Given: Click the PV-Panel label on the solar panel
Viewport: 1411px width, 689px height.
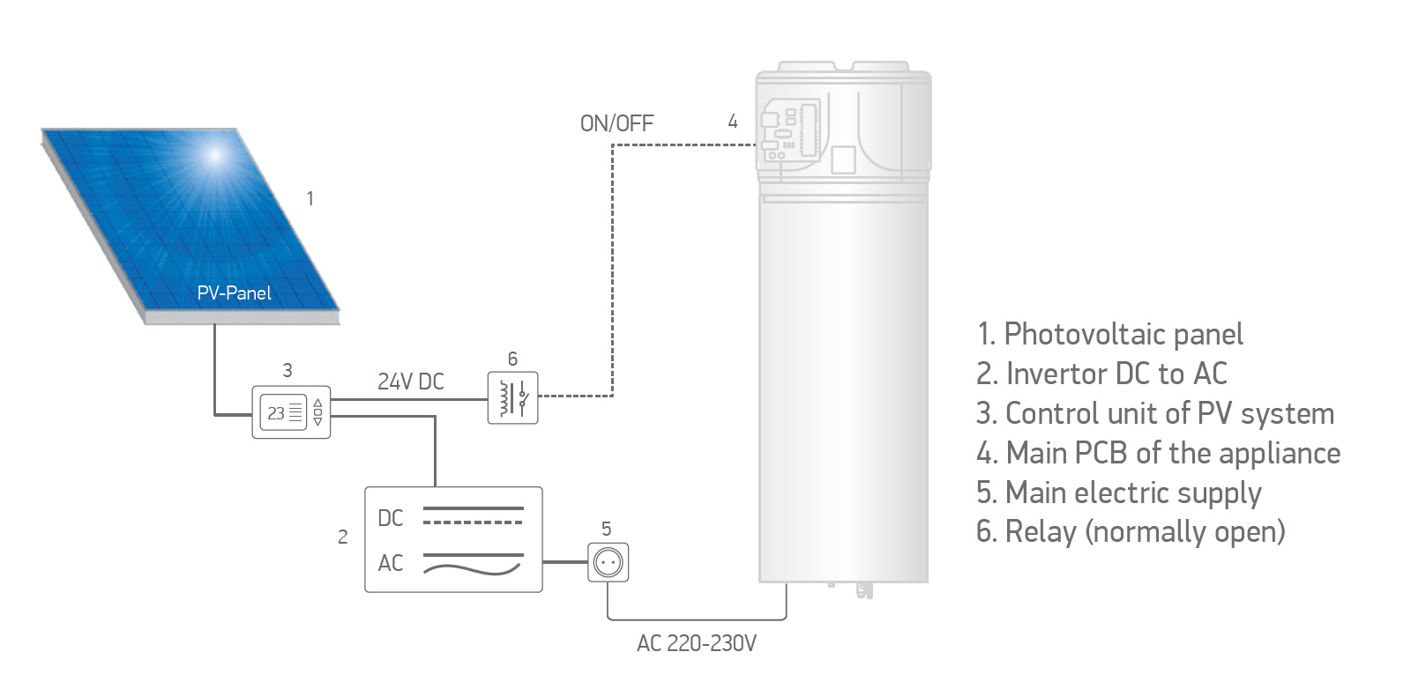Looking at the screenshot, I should (234, 293).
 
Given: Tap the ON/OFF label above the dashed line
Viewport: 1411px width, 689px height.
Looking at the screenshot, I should (616, 123).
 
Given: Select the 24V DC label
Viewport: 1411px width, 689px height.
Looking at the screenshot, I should (410, 382).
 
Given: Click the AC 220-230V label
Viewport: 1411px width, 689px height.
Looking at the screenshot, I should (696, 643).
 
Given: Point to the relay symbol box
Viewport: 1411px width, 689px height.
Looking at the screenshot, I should (512, 397).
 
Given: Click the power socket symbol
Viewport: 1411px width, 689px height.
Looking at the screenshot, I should (608, 562).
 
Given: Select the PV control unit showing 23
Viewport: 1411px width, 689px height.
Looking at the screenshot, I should (291, 411).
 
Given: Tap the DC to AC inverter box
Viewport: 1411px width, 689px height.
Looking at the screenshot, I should (453, 539).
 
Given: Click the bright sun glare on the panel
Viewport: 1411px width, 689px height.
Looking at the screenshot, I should (214, 156).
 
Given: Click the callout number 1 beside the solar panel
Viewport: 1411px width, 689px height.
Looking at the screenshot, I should (310, 198).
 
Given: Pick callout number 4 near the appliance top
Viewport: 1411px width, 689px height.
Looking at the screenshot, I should (732, 122).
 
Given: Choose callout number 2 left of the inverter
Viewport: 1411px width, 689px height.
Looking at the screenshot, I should (342, 537).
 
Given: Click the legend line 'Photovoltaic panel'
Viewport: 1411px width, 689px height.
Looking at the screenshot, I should (1109, 334).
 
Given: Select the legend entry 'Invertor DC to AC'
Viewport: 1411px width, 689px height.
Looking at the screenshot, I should (1101, 374).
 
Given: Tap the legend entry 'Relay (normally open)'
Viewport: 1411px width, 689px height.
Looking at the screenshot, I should (1131, 531).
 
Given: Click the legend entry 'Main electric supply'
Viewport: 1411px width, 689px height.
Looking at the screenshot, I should (1118, 493).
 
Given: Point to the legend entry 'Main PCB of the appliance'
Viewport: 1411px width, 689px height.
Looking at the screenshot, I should (1158, 453).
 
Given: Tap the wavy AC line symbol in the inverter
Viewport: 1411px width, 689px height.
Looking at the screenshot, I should (473, 566).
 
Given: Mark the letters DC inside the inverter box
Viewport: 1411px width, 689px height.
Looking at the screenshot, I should (390, 518).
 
